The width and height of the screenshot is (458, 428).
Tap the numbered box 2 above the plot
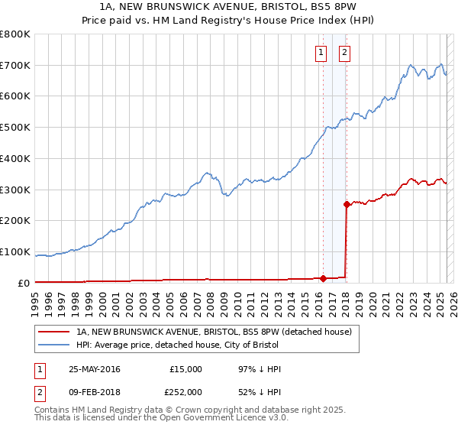pyautogui.click(x=344, y=53)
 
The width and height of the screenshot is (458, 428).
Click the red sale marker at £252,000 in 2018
pyautogui.click(x=347, y=204)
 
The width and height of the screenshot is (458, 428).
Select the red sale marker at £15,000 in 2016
pyautogui.click(x=323, y=278)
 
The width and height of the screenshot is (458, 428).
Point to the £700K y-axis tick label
pyautogui.click(x=15, y=65)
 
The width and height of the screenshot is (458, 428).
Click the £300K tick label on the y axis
pyautogui.click(x=15, y=190)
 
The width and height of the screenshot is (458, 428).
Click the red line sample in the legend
pyautogui.click(x=55, y=332)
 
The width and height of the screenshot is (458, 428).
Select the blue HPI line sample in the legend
pyautogui.click(x=55, y=345)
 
